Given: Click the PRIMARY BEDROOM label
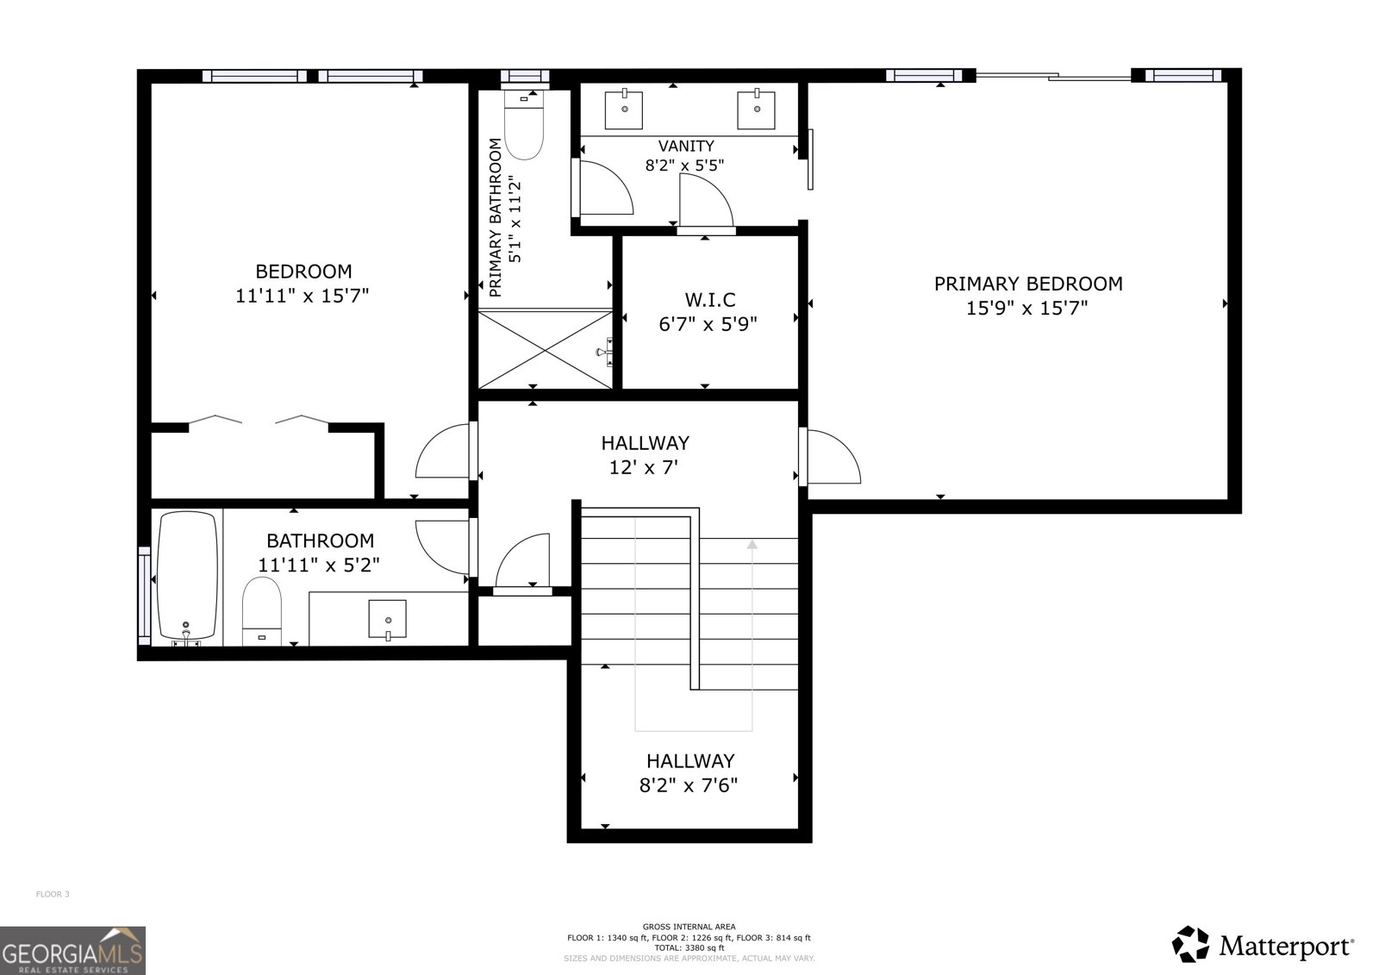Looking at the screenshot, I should tap(1027, 284).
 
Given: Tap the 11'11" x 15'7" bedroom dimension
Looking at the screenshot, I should tap(302, 296).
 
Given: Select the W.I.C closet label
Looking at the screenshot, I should tap(710, 300).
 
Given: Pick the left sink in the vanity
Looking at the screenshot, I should tap(624, 109).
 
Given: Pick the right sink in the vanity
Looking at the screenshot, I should tap(757, 109).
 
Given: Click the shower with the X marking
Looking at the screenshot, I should tap(545, 349).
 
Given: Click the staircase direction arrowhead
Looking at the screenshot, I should tap(752, 545).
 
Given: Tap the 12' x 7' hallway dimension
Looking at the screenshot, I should tap(645, 468).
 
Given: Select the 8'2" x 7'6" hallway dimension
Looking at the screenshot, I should tap(689, 785).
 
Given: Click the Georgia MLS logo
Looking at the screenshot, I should tap(72, 950).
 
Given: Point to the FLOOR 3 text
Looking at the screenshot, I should tap(52, 894).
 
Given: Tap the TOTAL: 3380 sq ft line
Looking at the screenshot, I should tap(689, 947).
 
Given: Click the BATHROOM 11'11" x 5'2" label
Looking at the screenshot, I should tap(319, 553).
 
